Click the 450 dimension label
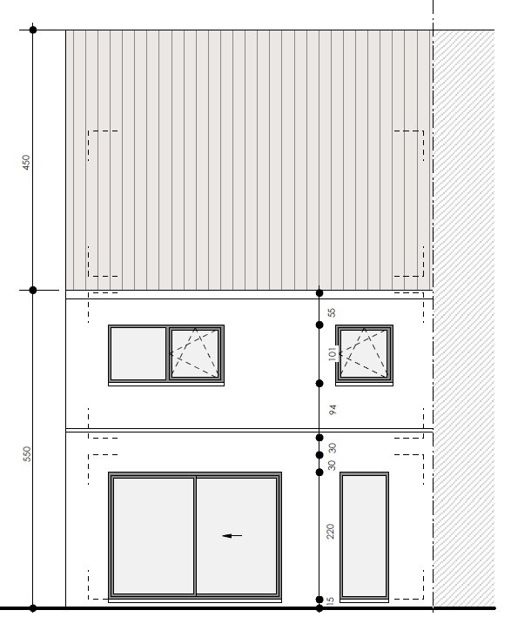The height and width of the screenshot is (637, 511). point(26,162)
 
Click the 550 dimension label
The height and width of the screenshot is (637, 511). point(27,453)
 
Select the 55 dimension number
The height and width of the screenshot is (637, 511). point(333,312)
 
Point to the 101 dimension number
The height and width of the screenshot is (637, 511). point(333,353)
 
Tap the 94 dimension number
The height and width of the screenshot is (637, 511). point(333,410)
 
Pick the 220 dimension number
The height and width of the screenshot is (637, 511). point(331,532)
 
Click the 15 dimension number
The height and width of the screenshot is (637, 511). point(331,600)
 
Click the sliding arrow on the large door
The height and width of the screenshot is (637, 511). point(232,535)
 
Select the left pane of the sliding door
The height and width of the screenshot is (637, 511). point(153,535)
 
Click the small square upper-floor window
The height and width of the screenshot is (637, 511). point(364,353)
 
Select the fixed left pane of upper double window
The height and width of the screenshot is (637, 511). point(138,353)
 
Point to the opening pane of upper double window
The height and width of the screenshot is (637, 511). point(195,353)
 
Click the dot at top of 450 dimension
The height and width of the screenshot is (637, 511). point(33,30)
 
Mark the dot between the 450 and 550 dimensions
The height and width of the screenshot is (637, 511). point(33,290)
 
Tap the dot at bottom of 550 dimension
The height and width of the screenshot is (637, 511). point(33,608)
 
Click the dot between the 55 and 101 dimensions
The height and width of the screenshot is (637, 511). point(319,325)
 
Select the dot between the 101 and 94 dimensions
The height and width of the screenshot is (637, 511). point(319,383)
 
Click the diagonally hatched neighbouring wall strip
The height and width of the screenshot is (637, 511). point(464,318)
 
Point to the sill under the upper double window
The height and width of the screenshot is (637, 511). point(166,384)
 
